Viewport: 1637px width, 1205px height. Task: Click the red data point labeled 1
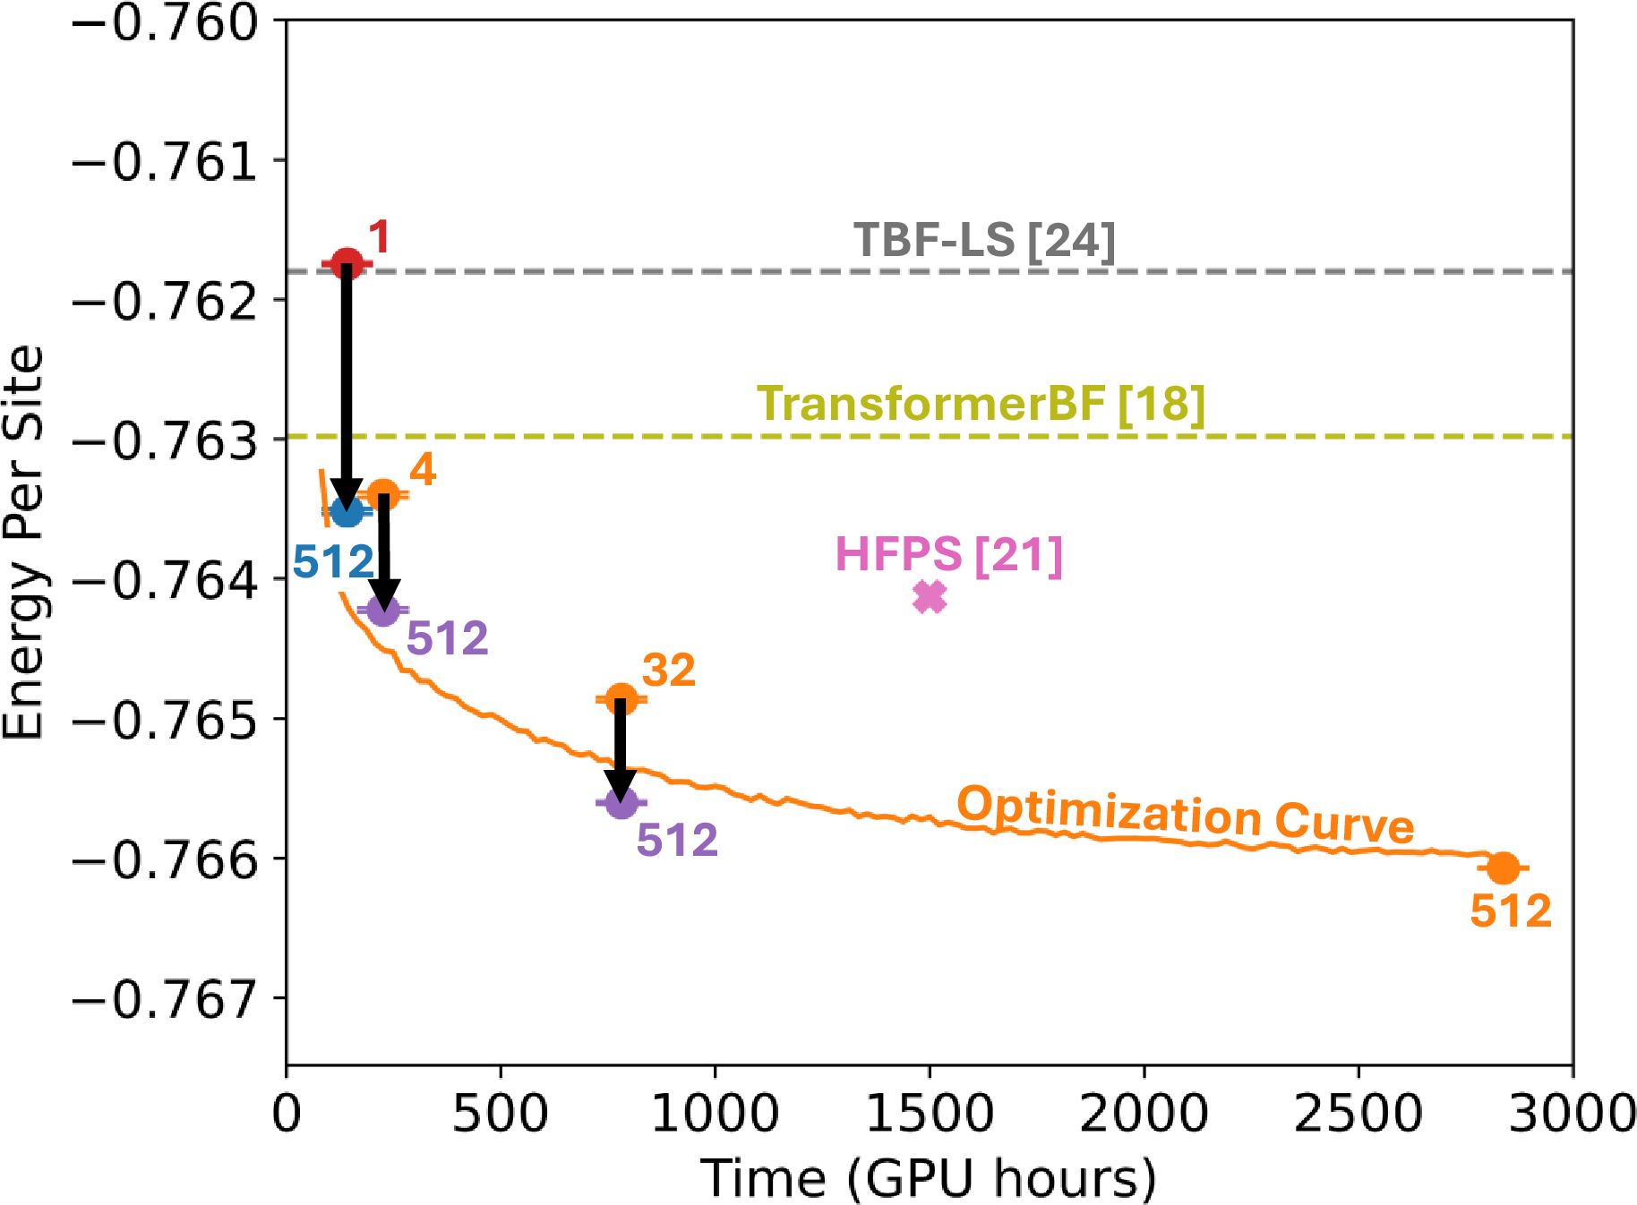pos(347,263)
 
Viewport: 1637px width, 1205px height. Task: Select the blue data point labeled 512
pos(347,511)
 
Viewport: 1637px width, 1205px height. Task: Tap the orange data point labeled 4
pos(383,493)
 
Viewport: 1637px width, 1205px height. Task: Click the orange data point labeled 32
pos(621,699)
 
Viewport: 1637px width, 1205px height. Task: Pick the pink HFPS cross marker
pos(930,596)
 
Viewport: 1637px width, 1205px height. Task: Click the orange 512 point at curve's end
pos(1503,867)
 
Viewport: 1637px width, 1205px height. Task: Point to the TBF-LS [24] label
pos(984,240)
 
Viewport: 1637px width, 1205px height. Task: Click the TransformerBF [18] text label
pos(981,404)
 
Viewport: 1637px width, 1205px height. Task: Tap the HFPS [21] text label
pos(948,554)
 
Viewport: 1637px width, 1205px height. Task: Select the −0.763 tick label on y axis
pos(164,440)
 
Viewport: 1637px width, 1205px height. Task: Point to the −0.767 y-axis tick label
pos(164,999)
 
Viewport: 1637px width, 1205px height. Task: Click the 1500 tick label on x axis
pos(930,1114)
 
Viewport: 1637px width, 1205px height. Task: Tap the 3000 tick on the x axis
pos(1572,1114)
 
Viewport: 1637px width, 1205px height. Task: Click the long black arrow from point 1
pos(347,385)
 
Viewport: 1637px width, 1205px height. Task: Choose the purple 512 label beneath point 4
pos(447,639)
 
